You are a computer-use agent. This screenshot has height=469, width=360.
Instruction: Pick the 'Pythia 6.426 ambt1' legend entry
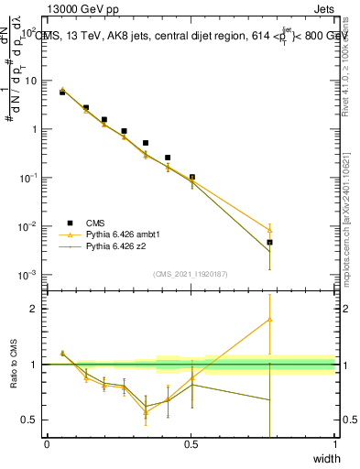coord(126,234)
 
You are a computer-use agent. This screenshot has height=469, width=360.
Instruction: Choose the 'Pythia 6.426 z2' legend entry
coord(120,246)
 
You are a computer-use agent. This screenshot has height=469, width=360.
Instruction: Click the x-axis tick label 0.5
coord(191,444)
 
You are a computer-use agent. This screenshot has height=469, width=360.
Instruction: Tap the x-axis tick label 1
coord(335,444)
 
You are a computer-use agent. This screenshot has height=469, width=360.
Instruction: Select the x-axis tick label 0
coord(47,444)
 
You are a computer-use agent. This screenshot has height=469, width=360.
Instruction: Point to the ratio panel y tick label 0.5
coord(29,420)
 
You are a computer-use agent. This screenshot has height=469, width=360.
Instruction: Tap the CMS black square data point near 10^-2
coord(269,243)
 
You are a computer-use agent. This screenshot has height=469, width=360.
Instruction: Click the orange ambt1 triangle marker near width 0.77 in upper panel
coord(269,230)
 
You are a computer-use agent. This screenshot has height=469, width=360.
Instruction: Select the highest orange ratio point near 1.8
coord(269,320)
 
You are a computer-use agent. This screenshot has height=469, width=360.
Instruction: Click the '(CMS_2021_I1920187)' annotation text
coord(191,273)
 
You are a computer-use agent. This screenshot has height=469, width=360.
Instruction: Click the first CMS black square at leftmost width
coord(62,93)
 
